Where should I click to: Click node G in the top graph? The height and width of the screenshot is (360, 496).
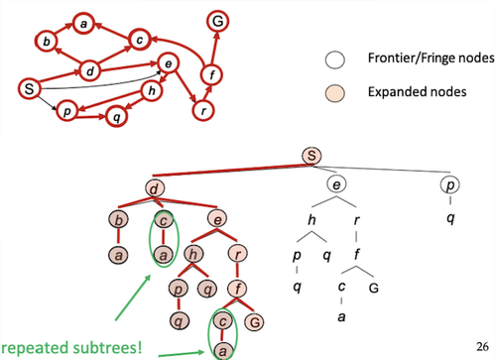click(217, 22)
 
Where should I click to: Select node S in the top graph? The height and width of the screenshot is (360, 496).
click(29, 88)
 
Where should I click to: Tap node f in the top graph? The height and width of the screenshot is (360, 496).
click(211, 74)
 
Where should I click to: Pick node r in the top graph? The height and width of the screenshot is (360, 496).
click(203, 111)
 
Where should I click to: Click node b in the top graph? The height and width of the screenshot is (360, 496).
click(47, 42)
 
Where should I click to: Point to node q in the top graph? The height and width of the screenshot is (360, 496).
click(116, 116)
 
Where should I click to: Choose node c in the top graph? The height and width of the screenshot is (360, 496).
click(140, 40)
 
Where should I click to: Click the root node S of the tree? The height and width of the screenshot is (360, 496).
click(311, 156)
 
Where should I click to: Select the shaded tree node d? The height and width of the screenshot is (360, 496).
click(155, 189)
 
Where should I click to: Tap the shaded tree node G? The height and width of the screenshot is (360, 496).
click(254, 322)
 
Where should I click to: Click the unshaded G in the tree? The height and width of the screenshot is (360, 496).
click(374, 289)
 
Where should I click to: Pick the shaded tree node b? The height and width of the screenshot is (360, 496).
click(118, 220)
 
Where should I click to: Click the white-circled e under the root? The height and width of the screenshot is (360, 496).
click(336, 183)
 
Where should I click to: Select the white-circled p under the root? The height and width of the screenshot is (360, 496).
click(450, 184)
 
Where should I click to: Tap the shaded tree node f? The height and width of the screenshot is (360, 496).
click(237, 289)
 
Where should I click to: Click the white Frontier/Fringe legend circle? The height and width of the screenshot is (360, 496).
click(334, 60)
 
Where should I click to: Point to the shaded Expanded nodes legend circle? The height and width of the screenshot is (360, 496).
click(334, 93)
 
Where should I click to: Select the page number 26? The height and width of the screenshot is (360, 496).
click(482, 346)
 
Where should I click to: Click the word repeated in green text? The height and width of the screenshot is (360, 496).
click(36, 349)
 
